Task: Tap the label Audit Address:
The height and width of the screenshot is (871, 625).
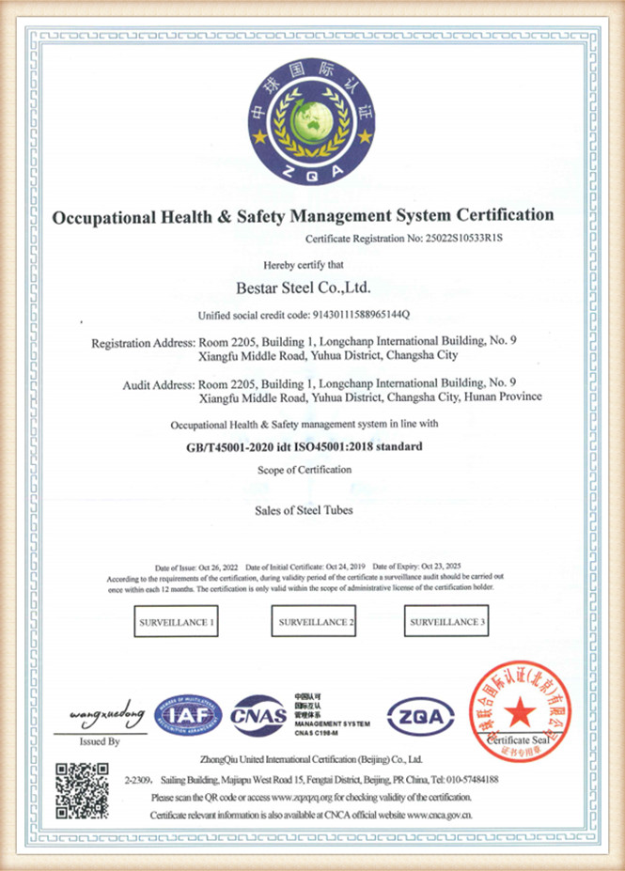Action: (159, 383)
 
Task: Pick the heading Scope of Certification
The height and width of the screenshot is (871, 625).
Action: (305, 469)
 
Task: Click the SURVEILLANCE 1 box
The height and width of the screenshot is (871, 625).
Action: (177, 623)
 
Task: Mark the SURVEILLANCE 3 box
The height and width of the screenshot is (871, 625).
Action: (448, 623)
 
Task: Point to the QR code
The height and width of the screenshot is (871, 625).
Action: (82, 790)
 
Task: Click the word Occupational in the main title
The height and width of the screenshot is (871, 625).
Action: (99, 216)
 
